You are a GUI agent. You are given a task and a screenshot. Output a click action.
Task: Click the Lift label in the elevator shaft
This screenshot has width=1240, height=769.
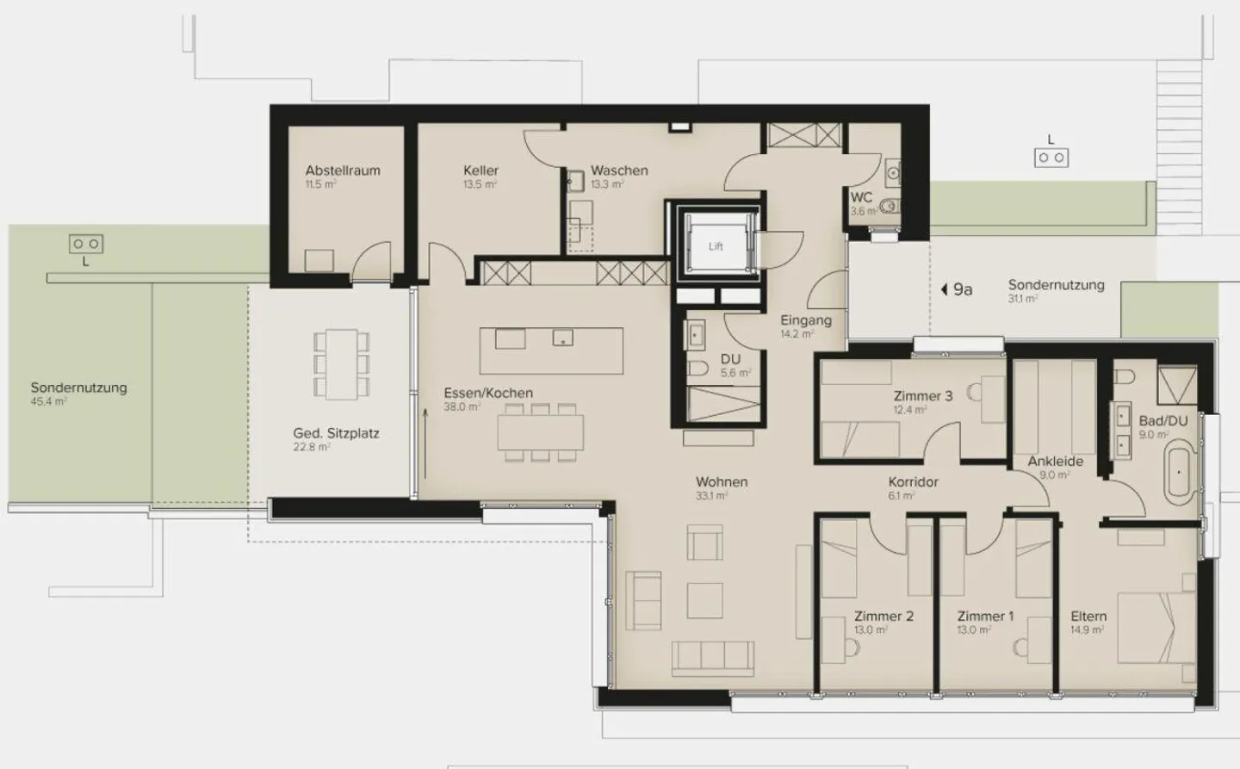pos(716,246)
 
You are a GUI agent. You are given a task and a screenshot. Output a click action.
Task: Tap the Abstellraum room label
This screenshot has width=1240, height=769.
pos(342,171)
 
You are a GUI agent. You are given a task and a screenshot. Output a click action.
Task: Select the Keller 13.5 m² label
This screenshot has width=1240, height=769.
pos(480,176)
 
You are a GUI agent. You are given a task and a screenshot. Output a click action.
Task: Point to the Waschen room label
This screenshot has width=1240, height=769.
pos(619,171)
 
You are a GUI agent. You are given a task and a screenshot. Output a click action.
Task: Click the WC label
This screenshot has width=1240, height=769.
pos(861,197)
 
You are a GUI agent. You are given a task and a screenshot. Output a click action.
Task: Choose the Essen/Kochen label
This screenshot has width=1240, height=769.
pos(488,394)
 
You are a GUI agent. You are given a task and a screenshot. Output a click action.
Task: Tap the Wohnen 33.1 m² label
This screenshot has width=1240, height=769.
pos(722,487)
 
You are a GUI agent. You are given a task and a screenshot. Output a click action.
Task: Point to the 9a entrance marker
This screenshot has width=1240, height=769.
pos(957,289)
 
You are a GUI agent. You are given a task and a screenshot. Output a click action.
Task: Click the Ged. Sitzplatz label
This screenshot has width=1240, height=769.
pos(336,434)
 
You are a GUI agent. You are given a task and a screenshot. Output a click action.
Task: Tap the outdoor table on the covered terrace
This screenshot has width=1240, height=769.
pos(342,364)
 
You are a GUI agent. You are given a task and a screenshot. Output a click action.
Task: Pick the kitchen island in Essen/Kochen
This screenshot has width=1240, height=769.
pos(551,350)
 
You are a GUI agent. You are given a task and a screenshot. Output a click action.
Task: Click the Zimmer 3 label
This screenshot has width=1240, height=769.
pos(922,396)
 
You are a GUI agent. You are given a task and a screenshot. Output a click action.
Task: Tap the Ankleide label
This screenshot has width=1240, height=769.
pos(1055,462)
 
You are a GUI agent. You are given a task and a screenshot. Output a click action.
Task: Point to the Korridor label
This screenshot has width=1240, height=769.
pos(913,482)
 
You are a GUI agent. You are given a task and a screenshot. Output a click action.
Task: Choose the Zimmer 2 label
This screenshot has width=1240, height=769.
pos(883,617)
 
